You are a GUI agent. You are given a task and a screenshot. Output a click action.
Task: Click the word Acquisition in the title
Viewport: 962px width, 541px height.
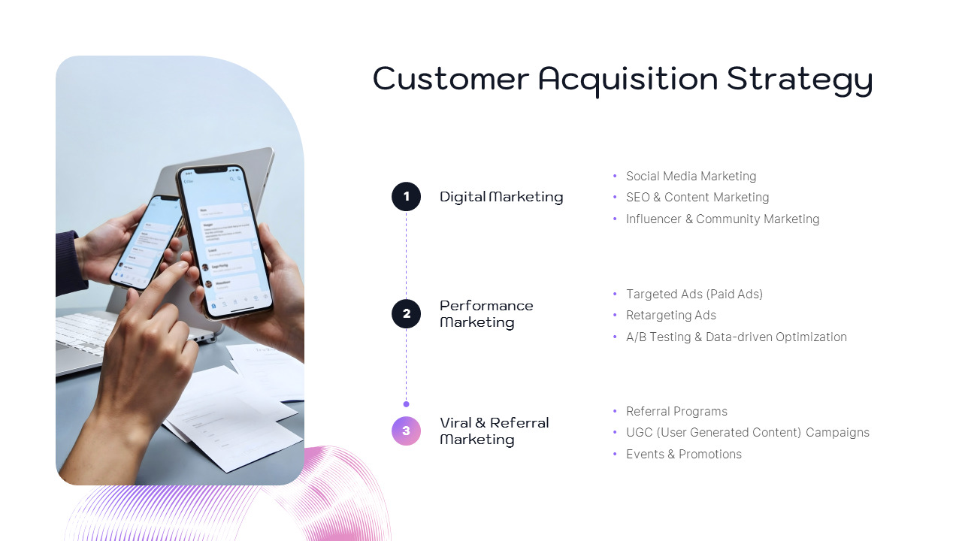628,79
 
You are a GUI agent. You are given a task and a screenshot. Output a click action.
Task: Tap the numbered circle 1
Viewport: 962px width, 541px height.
406,197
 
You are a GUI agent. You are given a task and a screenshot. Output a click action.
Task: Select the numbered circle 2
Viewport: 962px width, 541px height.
406,313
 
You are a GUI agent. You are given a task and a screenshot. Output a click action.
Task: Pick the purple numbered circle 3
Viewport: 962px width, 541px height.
406,431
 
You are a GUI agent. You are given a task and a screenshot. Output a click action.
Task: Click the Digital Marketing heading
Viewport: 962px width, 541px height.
501,197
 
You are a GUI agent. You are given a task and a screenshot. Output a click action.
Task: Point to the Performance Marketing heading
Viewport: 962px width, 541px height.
486,313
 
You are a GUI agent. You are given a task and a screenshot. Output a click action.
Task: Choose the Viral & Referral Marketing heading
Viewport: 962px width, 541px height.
494,431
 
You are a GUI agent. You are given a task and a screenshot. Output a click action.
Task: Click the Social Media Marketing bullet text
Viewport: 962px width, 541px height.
691,176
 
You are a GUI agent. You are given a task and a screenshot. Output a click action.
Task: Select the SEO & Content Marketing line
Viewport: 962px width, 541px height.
697,197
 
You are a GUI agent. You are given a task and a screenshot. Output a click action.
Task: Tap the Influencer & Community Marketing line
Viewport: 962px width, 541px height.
722,219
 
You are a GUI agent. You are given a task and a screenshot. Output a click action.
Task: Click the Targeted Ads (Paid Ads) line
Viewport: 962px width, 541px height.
694,294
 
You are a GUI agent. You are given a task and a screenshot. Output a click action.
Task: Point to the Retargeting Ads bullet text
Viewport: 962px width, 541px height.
671,315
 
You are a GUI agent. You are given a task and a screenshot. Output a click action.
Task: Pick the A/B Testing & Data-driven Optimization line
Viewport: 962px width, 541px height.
737,337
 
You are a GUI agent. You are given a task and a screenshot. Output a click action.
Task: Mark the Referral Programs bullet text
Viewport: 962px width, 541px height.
676,411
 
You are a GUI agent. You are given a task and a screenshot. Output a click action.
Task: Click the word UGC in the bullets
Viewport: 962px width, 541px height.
639,432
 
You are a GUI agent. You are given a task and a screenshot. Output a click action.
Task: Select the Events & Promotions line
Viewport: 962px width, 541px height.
684,454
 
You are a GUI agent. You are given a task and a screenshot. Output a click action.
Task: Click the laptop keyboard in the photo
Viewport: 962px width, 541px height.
86,331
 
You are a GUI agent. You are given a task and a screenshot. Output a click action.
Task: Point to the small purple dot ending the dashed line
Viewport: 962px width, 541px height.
406,404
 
